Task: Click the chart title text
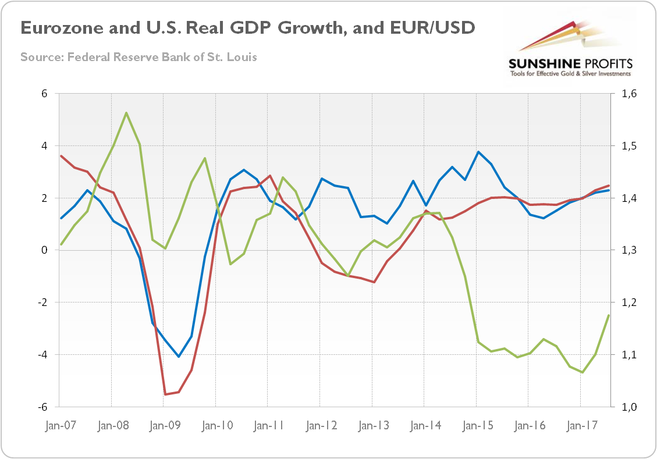[247, 28]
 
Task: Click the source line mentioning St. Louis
[138, 57]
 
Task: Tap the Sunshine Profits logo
[570, 50]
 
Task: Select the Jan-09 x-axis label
[164, 425]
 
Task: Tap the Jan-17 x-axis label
[580, 425]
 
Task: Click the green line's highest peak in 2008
[126, 113]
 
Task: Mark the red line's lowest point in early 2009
[165, 394]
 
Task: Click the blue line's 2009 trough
[179, 357]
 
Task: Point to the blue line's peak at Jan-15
[478, 152]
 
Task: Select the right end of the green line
[609, 315]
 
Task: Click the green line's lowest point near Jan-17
[582, 372]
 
